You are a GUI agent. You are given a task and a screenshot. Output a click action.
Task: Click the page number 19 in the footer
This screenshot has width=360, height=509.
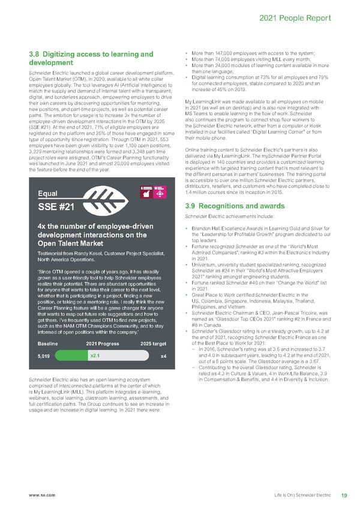tap(344, 495)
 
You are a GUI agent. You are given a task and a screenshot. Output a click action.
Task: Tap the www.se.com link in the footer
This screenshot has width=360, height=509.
tap(38, 495)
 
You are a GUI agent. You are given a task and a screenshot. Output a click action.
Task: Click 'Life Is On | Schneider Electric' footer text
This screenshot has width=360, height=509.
tap(302, 495)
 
